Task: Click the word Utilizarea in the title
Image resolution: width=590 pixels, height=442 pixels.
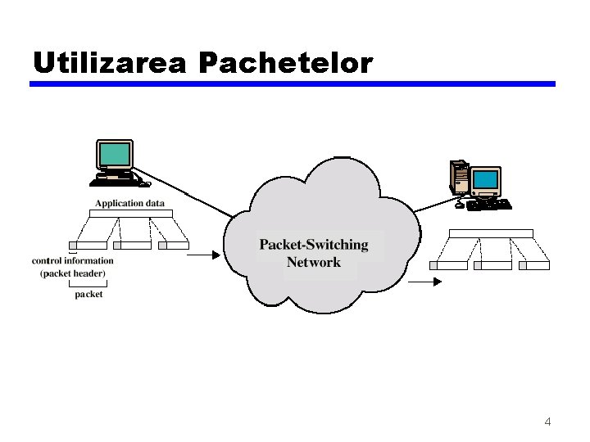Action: point(110,62)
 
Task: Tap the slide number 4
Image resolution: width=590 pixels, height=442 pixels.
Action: point(547,422)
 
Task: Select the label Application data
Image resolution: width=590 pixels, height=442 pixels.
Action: point(129,203)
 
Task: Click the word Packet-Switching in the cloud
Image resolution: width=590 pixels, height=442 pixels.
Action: point(314,245)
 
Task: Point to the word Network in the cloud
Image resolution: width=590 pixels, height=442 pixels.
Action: point(314,263)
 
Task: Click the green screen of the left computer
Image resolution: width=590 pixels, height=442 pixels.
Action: point(114,155)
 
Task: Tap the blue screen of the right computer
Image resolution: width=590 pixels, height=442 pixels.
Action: point(486,179)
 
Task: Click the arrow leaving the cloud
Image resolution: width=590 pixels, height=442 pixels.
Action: point(425,281)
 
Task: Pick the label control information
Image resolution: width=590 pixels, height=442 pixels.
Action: point(73,261)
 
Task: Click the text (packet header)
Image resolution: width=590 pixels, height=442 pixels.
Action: point(73,273)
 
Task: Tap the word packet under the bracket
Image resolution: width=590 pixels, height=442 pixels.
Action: point(88,294)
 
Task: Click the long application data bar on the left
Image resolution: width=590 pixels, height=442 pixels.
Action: point(130,214)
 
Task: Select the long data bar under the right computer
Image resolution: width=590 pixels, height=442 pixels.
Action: point(491,233)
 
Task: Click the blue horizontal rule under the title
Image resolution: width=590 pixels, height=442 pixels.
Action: point(293,83)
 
